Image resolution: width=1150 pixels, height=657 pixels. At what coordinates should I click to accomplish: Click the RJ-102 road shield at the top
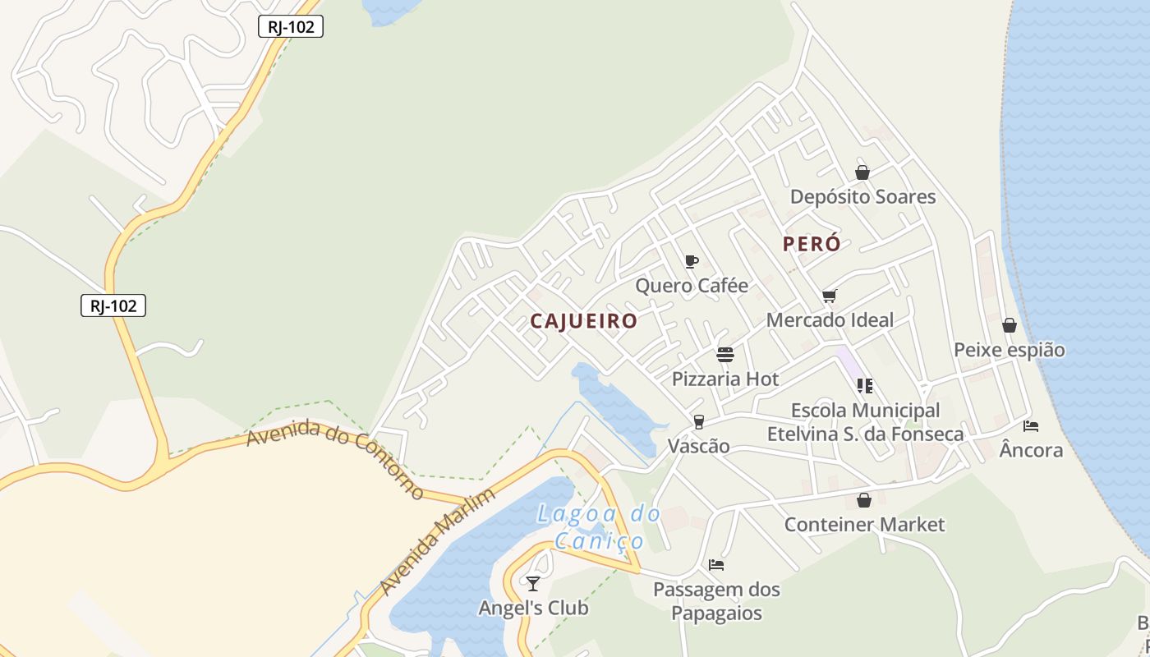click(291, 26)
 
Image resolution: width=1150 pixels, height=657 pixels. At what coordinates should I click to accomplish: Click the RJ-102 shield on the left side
click(113, 306)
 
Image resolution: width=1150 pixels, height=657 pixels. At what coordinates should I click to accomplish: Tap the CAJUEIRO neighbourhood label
click(583, 321)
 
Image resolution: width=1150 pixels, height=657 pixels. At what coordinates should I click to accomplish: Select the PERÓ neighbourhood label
click(812, 244)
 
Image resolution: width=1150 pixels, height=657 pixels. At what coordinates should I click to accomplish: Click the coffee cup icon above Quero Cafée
click(691, 261)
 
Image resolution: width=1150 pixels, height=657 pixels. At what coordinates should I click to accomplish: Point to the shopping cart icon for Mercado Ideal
click(829, 296)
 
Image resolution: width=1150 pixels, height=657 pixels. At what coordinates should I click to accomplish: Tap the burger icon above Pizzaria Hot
click(724, 355)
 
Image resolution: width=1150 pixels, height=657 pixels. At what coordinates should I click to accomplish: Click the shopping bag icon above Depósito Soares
click(862, 172)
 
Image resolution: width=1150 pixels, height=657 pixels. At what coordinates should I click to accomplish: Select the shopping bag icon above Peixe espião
click(1009, 325)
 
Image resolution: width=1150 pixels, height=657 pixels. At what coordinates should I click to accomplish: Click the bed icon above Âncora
click(1031, 425)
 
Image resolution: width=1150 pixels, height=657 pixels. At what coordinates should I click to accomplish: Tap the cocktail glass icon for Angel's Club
click(533, 583)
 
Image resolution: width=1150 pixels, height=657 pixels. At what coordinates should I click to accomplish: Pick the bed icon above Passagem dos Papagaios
click(716, 565)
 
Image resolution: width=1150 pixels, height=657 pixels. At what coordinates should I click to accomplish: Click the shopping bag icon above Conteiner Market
click(863, 500)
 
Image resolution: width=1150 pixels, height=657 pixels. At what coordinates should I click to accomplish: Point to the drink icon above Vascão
click(698, 421)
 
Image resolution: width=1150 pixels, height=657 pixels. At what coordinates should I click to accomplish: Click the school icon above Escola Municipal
click(864, 385)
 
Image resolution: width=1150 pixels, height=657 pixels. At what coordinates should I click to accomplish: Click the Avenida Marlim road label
click(438, 542)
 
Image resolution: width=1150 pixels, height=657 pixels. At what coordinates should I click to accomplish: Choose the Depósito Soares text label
click(862, 197)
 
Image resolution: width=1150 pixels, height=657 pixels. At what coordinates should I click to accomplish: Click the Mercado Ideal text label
click(830, 319)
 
